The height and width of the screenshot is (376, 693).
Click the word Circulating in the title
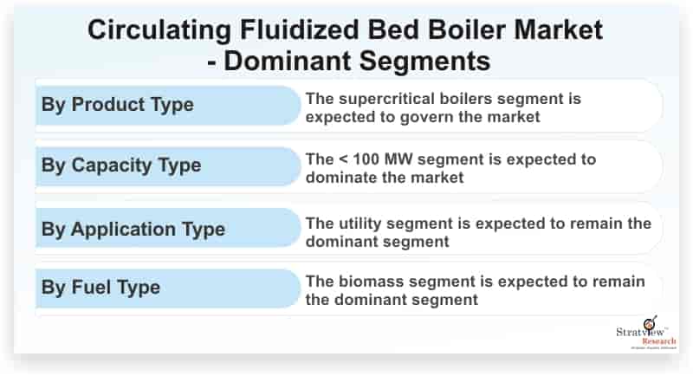(x=159, y=30)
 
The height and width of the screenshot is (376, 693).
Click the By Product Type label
(x=118, y=105)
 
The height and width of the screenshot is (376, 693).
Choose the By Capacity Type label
(x=121, y=165)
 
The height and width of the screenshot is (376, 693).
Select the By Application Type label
(x=133, y=230)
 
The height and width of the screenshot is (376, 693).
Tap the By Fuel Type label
(x=100, y=288)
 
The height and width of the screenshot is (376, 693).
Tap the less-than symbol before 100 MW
(x=343, y=159)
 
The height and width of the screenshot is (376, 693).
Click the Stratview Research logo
(x=646, y=334)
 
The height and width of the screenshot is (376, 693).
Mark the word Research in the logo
(x=659, y=341)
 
